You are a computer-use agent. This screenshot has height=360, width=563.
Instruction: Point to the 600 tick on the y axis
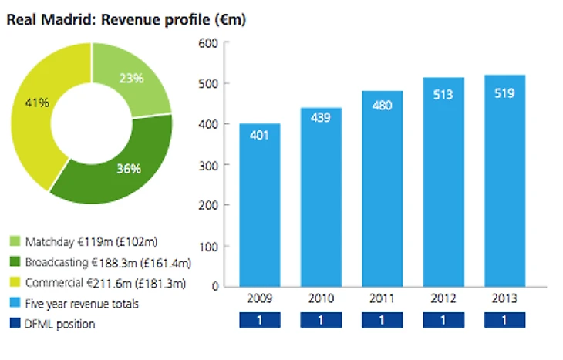click(209, 42)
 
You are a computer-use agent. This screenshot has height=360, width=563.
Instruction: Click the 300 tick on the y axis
click(209, 165)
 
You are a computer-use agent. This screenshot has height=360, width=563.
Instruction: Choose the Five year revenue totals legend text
click(81, 304)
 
